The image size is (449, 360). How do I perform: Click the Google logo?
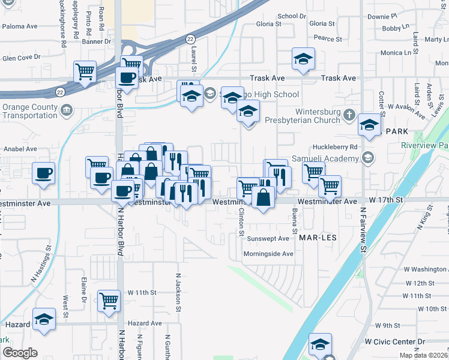20,353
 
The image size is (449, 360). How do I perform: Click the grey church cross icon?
350,112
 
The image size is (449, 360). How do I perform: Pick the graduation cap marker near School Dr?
303,59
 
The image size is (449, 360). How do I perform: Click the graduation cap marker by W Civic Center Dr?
320,344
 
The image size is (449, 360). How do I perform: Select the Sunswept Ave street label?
269,238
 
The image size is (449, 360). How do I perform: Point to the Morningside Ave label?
268,254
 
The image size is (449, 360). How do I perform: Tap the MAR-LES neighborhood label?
318,238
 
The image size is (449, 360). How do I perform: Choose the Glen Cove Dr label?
21,58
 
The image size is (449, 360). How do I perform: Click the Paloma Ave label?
20,26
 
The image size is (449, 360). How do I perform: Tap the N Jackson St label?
178,292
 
